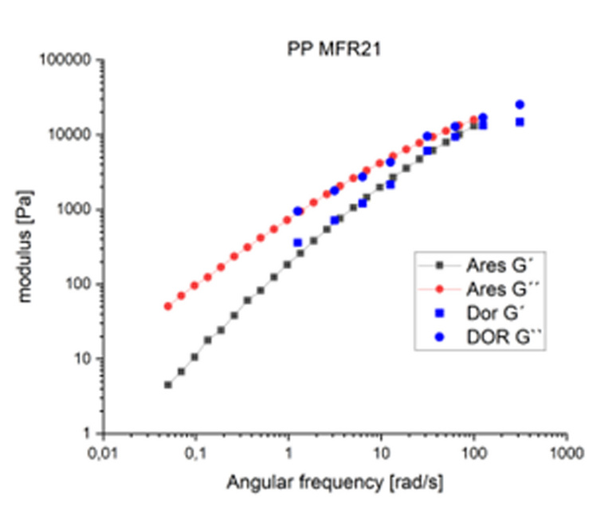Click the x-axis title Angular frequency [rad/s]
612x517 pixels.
coord(335,482)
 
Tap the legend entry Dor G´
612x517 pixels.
coord(484,314)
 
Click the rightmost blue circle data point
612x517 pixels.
coord(520,104)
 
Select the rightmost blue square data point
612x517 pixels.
coord(520,122)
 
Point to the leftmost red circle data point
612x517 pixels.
coord(168,306)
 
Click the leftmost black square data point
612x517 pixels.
coord(168,385)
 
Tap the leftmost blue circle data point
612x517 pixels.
coord(298,211)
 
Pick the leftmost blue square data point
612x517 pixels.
coord(298,242)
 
